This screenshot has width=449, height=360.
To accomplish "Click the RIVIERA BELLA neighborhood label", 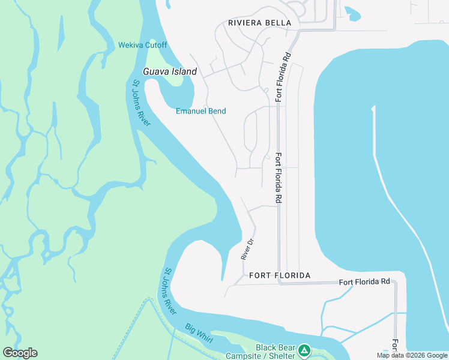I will pyautogui.click(x=259, y=23).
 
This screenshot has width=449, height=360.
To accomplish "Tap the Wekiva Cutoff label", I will pyautogui.click(x=143, y=45).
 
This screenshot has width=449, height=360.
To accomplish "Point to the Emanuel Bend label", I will pyautogui.click(x=200, y=111).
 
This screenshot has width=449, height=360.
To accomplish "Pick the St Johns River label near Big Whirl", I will pyautogui.click(x=170, y=291).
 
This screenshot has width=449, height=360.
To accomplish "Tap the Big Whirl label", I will pyautogui.click(x=199, y=334).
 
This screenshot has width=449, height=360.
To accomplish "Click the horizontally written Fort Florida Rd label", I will pyautogui.click(x=364, y=281).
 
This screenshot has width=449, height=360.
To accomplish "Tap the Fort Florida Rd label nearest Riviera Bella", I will pyautogui.click(x=283, y=75).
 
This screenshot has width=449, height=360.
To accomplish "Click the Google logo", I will pyautogui.click(x=20, y=353).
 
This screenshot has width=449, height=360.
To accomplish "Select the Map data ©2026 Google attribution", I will pyautogui.click(x=411, y=355).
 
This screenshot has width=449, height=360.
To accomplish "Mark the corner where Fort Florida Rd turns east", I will pyautogui.click(x=279, y=281).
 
